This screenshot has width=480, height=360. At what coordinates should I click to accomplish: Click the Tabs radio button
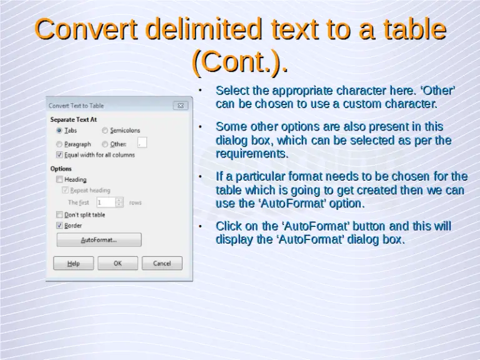point(59,131)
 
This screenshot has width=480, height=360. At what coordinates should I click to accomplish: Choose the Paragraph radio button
point(59,144)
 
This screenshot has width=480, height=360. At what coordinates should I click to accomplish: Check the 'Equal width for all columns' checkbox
point(59,154)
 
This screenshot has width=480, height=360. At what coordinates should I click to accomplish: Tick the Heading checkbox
point(59,179)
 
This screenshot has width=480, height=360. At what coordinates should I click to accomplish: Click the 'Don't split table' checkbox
point(59,214)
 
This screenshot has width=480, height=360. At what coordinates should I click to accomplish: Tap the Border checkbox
point(59,225)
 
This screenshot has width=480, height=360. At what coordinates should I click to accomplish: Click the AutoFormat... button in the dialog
point(99,240)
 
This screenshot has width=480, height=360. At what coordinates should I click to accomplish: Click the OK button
point(117,263)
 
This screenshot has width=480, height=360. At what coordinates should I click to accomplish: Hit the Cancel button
point(162,263)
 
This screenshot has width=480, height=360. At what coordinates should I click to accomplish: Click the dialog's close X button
point(179,106)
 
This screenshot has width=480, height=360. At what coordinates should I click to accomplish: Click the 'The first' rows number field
point(106,202)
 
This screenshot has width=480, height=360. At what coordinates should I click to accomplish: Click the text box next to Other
point(142,143)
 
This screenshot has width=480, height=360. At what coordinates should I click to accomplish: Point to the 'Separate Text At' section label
point(73,119)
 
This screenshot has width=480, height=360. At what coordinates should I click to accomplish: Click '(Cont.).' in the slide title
point(240,61)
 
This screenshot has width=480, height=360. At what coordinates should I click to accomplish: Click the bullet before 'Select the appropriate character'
point(199,91)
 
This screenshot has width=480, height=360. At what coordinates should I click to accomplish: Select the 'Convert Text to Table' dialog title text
point(76,106)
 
